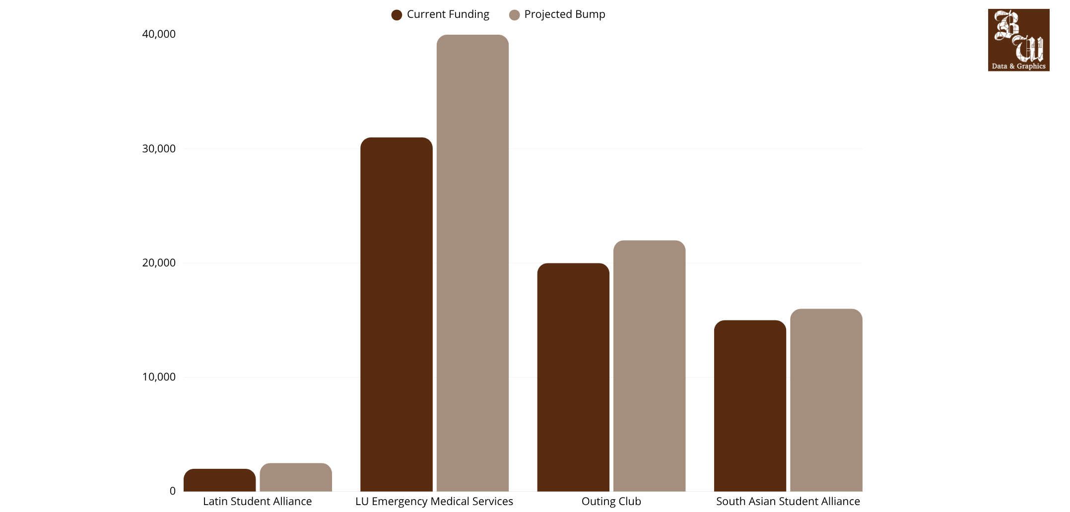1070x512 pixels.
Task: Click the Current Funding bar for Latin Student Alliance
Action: (x=220, y=480)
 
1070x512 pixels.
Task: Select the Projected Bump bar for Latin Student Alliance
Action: (x=296, y=477)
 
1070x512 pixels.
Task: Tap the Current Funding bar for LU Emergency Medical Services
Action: (x=397, y=315)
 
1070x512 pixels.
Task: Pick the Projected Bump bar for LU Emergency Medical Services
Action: (x=472, y=263)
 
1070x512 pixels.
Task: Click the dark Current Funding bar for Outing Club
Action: (x=573, y=377)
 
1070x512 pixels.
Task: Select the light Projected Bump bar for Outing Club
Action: (x=649, y=366)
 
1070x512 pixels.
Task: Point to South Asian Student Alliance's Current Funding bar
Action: (x=750, y=406)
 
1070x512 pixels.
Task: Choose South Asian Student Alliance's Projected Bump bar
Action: (x=826, y=400)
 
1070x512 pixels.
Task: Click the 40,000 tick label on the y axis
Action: (x=159, y=34)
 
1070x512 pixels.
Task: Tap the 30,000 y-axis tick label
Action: (x=159, y=149)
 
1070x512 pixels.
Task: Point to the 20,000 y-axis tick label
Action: (x=159, y=263)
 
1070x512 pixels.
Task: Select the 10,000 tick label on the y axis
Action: (x=159, y=377)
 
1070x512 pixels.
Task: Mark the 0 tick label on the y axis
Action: (x=173, y=491)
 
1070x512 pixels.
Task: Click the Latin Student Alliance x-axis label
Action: (x=258, y=502)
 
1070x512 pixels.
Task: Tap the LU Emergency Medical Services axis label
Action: (x=434, y=502)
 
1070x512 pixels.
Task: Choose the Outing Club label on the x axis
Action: (x=611, y=502)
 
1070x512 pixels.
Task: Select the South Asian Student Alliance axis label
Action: (x=788, y=502)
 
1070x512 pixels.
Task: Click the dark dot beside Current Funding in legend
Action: (x=397, y=15)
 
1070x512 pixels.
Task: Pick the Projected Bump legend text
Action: (x=565, y=14)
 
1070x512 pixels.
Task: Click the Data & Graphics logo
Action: (x=1018, y=40)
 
